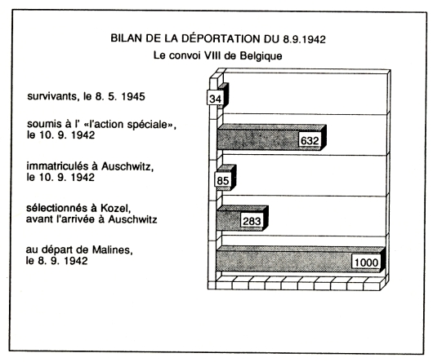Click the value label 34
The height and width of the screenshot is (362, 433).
pyautogui.click(x=215, y=98)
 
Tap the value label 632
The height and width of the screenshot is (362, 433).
pyautogui.click(x=310, y=140)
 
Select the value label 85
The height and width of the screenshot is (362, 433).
pyautogui.click(x=222, y=180)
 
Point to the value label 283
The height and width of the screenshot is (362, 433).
pyautogui.click(x=252, y=221)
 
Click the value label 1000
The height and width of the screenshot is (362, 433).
pyautogui.click(x=366, y=262)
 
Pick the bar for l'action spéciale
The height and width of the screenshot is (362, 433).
pyautogui.click(x=271, y=137)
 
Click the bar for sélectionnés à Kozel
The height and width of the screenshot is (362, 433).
pyautogui.click(x=242, y=219)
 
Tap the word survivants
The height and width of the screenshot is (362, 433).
pyautogui.click(x=51, y=96)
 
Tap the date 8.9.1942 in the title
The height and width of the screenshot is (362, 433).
pyautogui.click(x=304, y=39)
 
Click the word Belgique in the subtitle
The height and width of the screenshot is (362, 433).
pyautogui.click(x=261, y=56)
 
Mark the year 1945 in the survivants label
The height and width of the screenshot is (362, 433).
pyautogui.click(x=133, y=97)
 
